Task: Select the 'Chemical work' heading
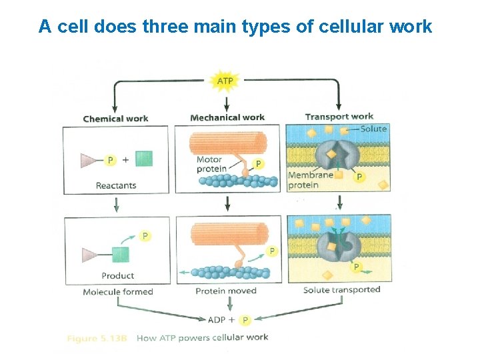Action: pyautogui.click(x=115, y=119)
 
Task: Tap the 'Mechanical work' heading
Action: pyautogui.click(x=227, y=117)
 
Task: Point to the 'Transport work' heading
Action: pyautogui.click(x=339, y=117)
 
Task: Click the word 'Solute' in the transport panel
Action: pyautogui.click(x=373, y=128)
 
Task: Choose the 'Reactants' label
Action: pyautogui.click(x=116, y=185)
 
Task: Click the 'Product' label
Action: pyautogui.click(x=117, y=275)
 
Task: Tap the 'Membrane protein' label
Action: pyautogui.click(x=310, y=180)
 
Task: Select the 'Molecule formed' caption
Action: pyautogui.click(x=118, y=291)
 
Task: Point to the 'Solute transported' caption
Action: pyautogui.click(x=341, y=289)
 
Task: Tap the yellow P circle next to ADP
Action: pyautogui.click(x=245, y=320)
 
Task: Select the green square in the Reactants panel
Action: pyautogui.click(x=143, y=159)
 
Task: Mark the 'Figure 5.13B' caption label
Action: pyautogui.click(x=97, y=339)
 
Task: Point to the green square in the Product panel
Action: pyautogui.click(x=121, y=255)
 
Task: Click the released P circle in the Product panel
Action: pyautogui.click(x=145, y=236)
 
